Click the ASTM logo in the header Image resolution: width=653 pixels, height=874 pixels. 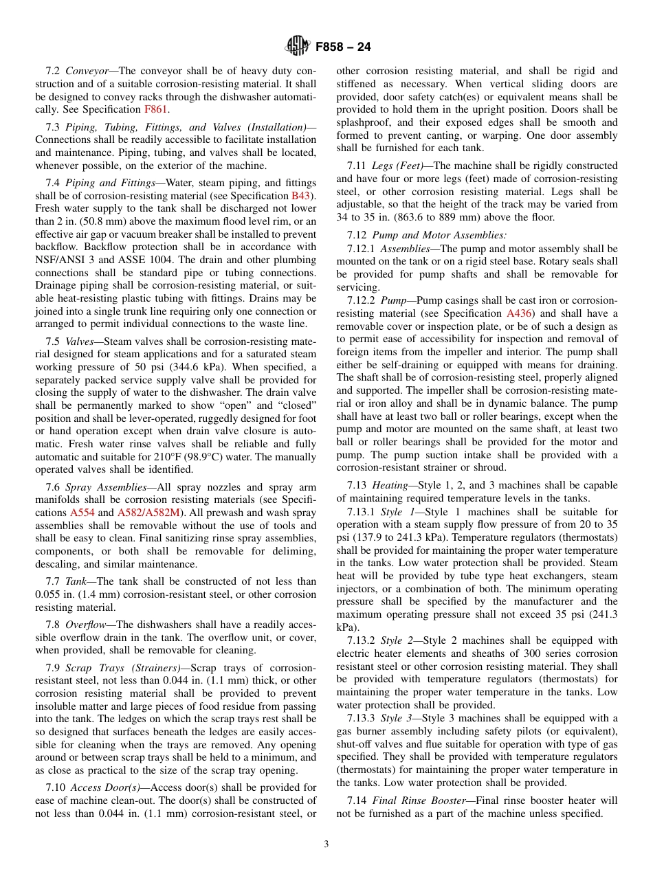click(x=298, y=46)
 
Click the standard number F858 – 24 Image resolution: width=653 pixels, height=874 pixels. click(x=343, y=47)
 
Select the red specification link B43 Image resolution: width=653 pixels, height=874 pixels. click(x=301, y=195)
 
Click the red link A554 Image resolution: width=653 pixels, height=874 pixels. click(x=82, y=513)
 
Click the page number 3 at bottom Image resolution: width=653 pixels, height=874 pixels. click(x=326, y=844)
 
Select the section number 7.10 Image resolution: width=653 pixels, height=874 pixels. click(x=56, y=787)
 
